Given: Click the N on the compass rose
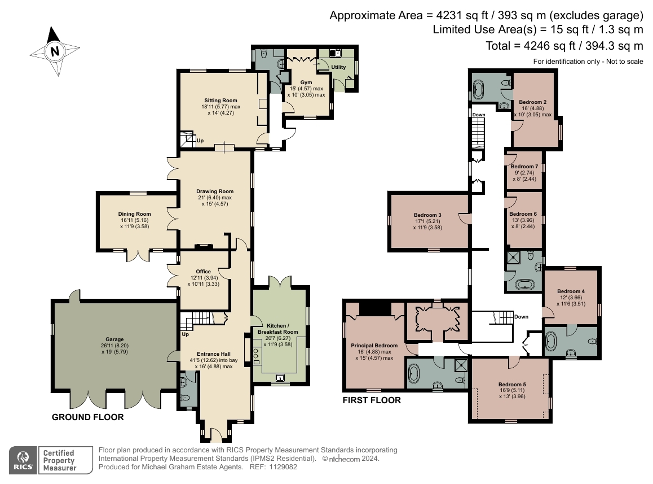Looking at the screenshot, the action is [x=55, y=51].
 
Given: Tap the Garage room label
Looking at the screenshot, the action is [x=114, y=339].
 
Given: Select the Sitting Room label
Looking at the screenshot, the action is [x=220, y=101].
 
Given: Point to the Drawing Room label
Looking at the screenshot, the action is [x=215, y=191].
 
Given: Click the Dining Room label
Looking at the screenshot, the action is [x=135, y=214].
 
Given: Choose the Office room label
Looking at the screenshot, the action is [x=203, y=272].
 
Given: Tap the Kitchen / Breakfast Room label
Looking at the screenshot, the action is [x=278, y=329].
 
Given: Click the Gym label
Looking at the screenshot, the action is [x=306, y=82].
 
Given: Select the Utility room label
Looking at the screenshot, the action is [x=338, y=67].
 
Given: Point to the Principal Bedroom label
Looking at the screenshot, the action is [x=374, y=346].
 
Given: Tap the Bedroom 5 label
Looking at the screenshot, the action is [x=512, y=385].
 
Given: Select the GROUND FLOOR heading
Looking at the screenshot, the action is [x=88, y=417].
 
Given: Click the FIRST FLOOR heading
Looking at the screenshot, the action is [x=372, y=400].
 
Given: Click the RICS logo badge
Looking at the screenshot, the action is [x=23, y=460].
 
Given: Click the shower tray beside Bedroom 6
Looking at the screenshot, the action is [x=513, y=258].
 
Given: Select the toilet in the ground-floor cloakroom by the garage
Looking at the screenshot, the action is [x=185, y=398].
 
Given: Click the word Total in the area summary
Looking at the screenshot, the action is [x=498, y=46].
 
